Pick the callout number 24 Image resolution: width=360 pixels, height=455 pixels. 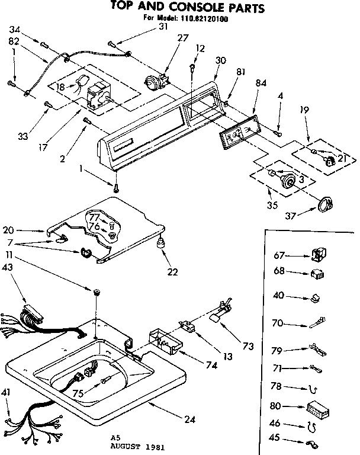tap(189, 420)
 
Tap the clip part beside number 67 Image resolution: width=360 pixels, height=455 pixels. tap(317, 255)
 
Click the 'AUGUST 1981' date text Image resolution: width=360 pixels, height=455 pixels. tap(137, 447)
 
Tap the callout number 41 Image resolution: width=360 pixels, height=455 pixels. tap(8, 392)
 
